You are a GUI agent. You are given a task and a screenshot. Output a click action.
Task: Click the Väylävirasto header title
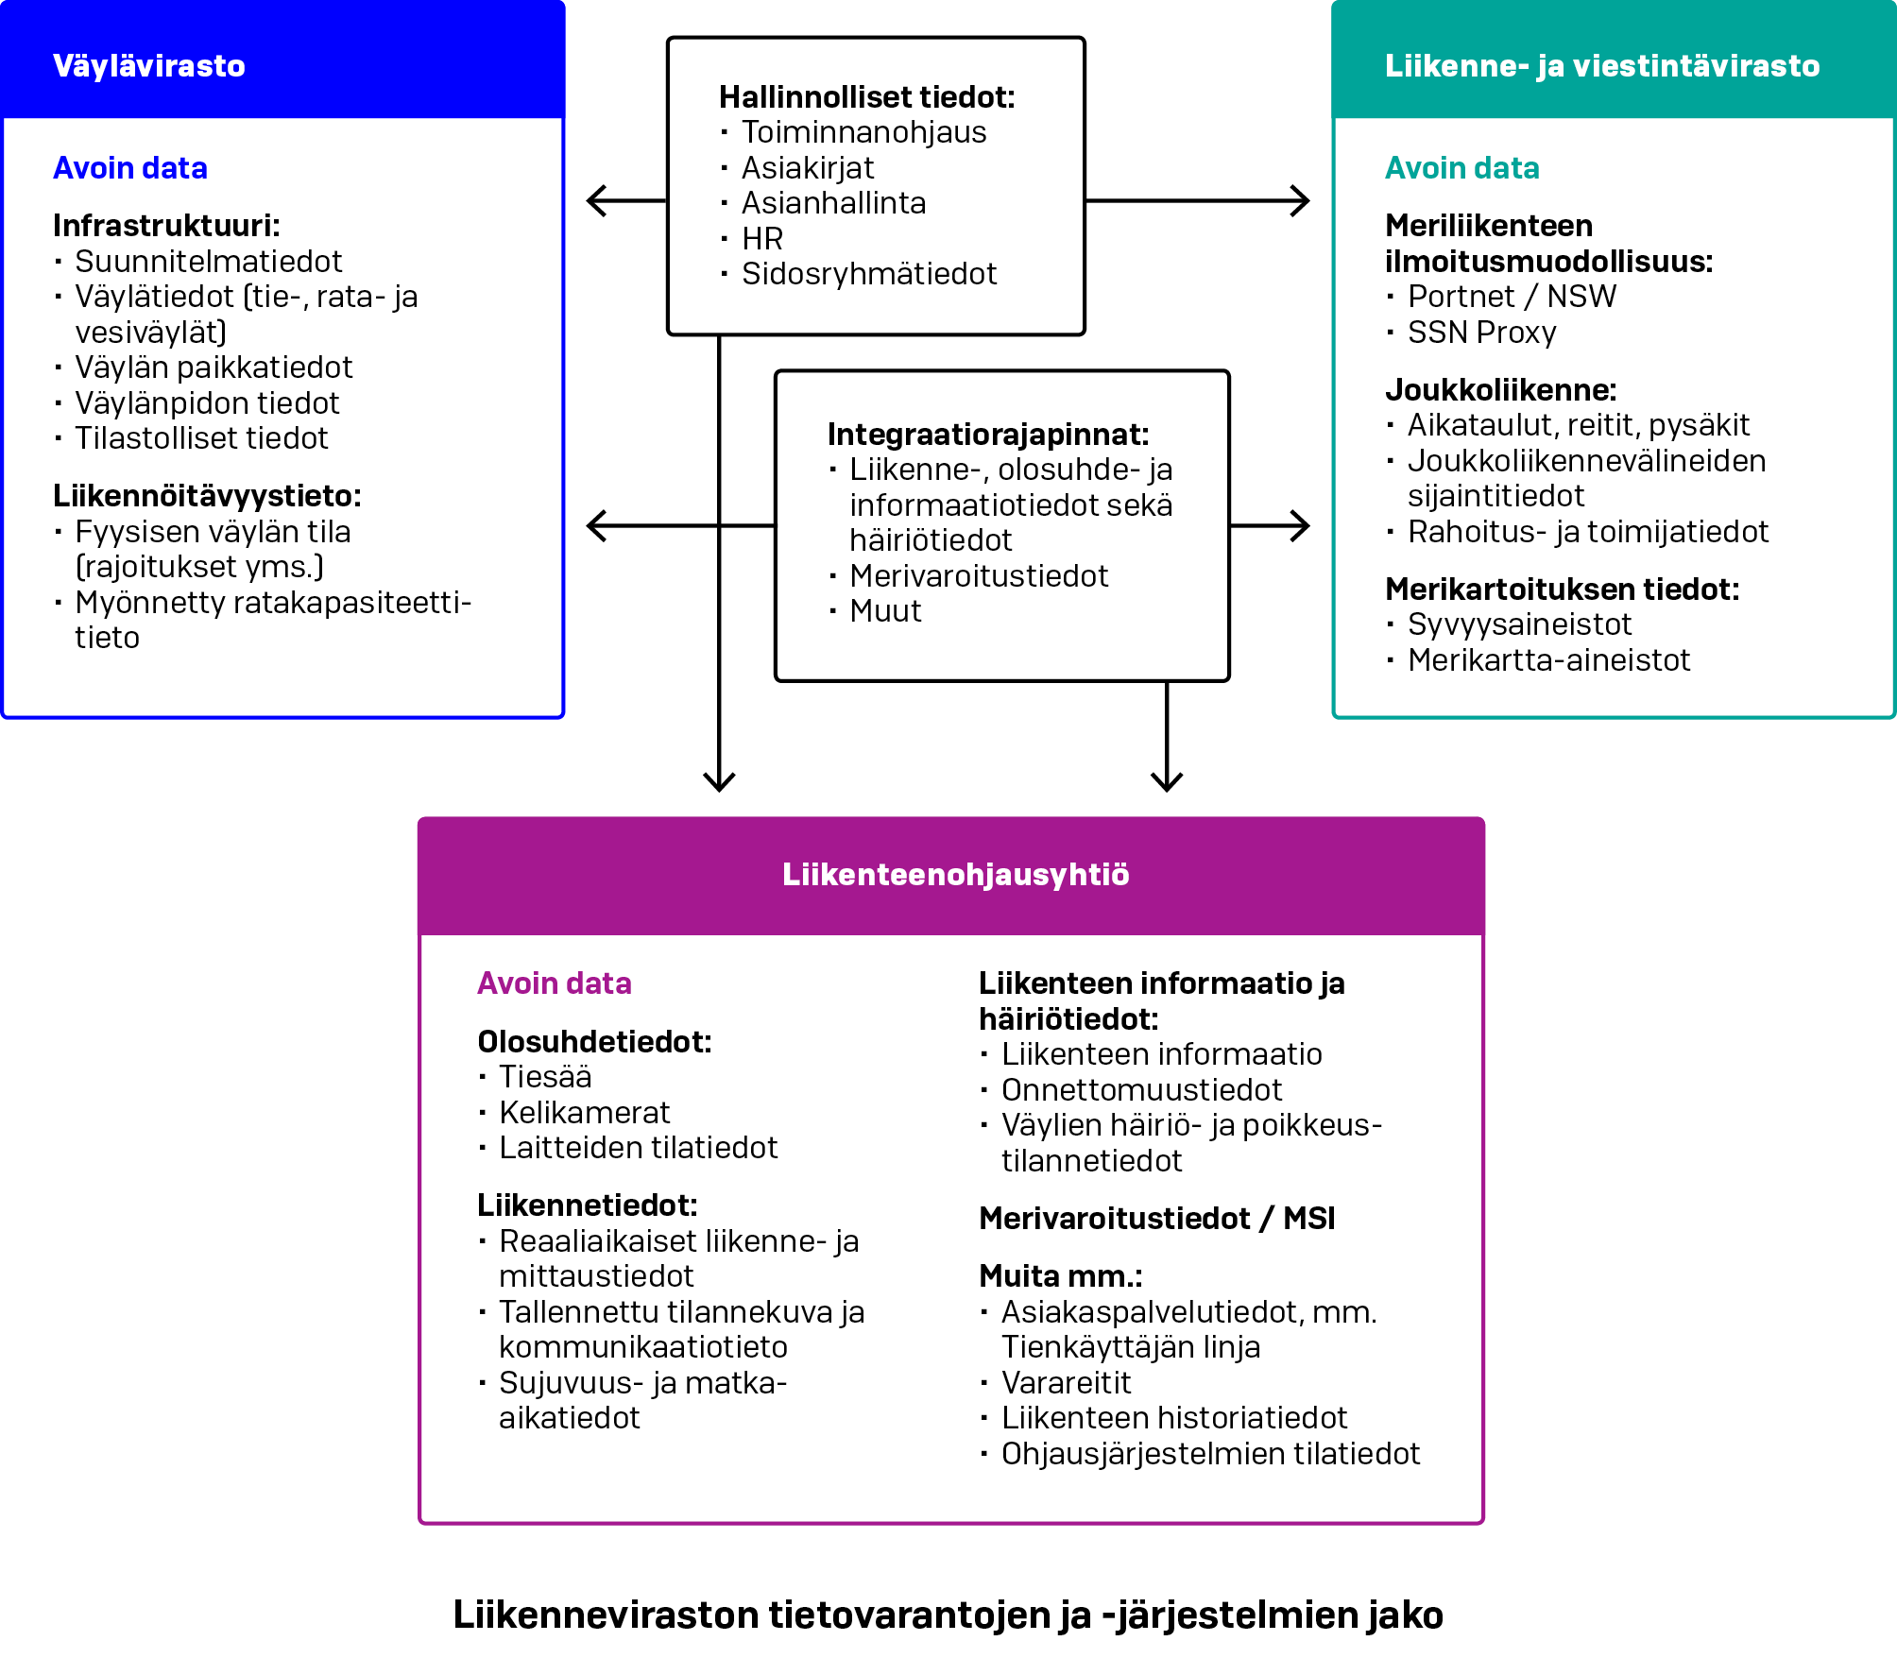coord(149,66)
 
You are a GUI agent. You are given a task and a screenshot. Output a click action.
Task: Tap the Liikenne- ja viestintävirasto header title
coord(1601,66)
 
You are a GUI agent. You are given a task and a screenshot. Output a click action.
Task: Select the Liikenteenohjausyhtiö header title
coord(955,875)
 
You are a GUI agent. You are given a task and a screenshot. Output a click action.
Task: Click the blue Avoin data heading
coord(130,168)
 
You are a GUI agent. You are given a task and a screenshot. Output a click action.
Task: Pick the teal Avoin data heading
coord(1461,168)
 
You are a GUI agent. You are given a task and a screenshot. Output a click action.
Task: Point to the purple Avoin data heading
coord(554,983)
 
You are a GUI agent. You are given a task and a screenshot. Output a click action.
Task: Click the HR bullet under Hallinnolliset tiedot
coord(762,238)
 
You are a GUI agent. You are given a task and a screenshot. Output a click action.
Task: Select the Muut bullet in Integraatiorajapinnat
coord(885,611)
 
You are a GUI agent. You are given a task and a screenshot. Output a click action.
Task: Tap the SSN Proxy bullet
coord(1481,333)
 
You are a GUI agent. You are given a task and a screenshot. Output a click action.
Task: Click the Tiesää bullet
coord(545,1077)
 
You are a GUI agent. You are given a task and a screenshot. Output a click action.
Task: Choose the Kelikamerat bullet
coord(584,1113)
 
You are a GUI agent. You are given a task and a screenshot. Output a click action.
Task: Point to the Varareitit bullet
coord(1066,1383)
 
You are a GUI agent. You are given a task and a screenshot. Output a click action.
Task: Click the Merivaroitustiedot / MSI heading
coord(1156,1219)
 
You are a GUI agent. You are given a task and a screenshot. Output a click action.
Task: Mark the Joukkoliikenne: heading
coord(1500,389)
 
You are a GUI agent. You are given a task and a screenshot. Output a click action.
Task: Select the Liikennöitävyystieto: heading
coord(207,496)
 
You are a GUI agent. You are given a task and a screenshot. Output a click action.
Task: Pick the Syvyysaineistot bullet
coord(1519,624)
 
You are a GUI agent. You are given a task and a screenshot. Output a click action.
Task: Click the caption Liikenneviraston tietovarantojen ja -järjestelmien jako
coord(948,1615)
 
